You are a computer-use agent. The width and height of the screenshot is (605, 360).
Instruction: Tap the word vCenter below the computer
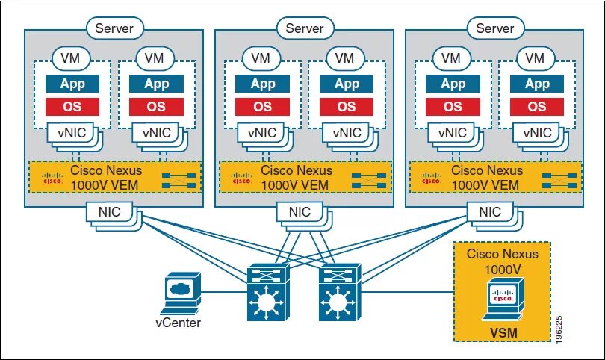coord(179,323)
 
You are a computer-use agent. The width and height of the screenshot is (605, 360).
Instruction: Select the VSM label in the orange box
coord(503,332)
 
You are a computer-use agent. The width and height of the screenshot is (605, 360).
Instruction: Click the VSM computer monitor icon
coord(503,300)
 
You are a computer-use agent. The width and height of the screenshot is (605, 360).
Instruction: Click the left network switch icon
coord(268,292)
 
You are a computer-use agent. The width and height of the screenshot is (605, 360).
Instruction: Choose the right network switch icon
coord(340,292)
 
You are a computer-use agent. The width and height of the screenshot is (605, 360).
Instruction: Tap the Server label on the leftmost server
coord(114,28)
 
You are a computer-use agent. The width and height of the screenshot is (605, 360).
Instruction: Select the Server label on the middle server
coord(305,28)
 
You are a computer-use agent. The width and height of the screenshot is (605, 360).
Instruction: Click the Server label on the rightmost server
coord(495,28)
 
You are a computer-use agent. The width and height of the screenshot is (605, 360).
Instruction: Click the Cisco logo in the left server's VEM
coord(52,178)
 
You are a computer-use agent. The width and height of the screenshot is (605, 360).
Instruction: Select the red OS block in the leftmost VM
coord(72,107)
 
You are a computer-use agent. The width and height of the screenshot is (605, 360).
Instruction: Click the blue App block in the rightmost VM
coord(537,84)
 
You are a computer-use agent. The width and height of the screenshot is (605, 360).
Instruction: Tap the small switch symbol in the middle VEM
coord(369,180)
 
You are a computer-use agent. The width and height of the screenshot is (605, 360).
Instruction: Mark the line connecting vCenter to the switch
coord(224,292)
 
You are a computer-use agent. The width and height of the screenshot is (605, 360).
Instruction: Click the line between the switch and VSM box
coord(408,292)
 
